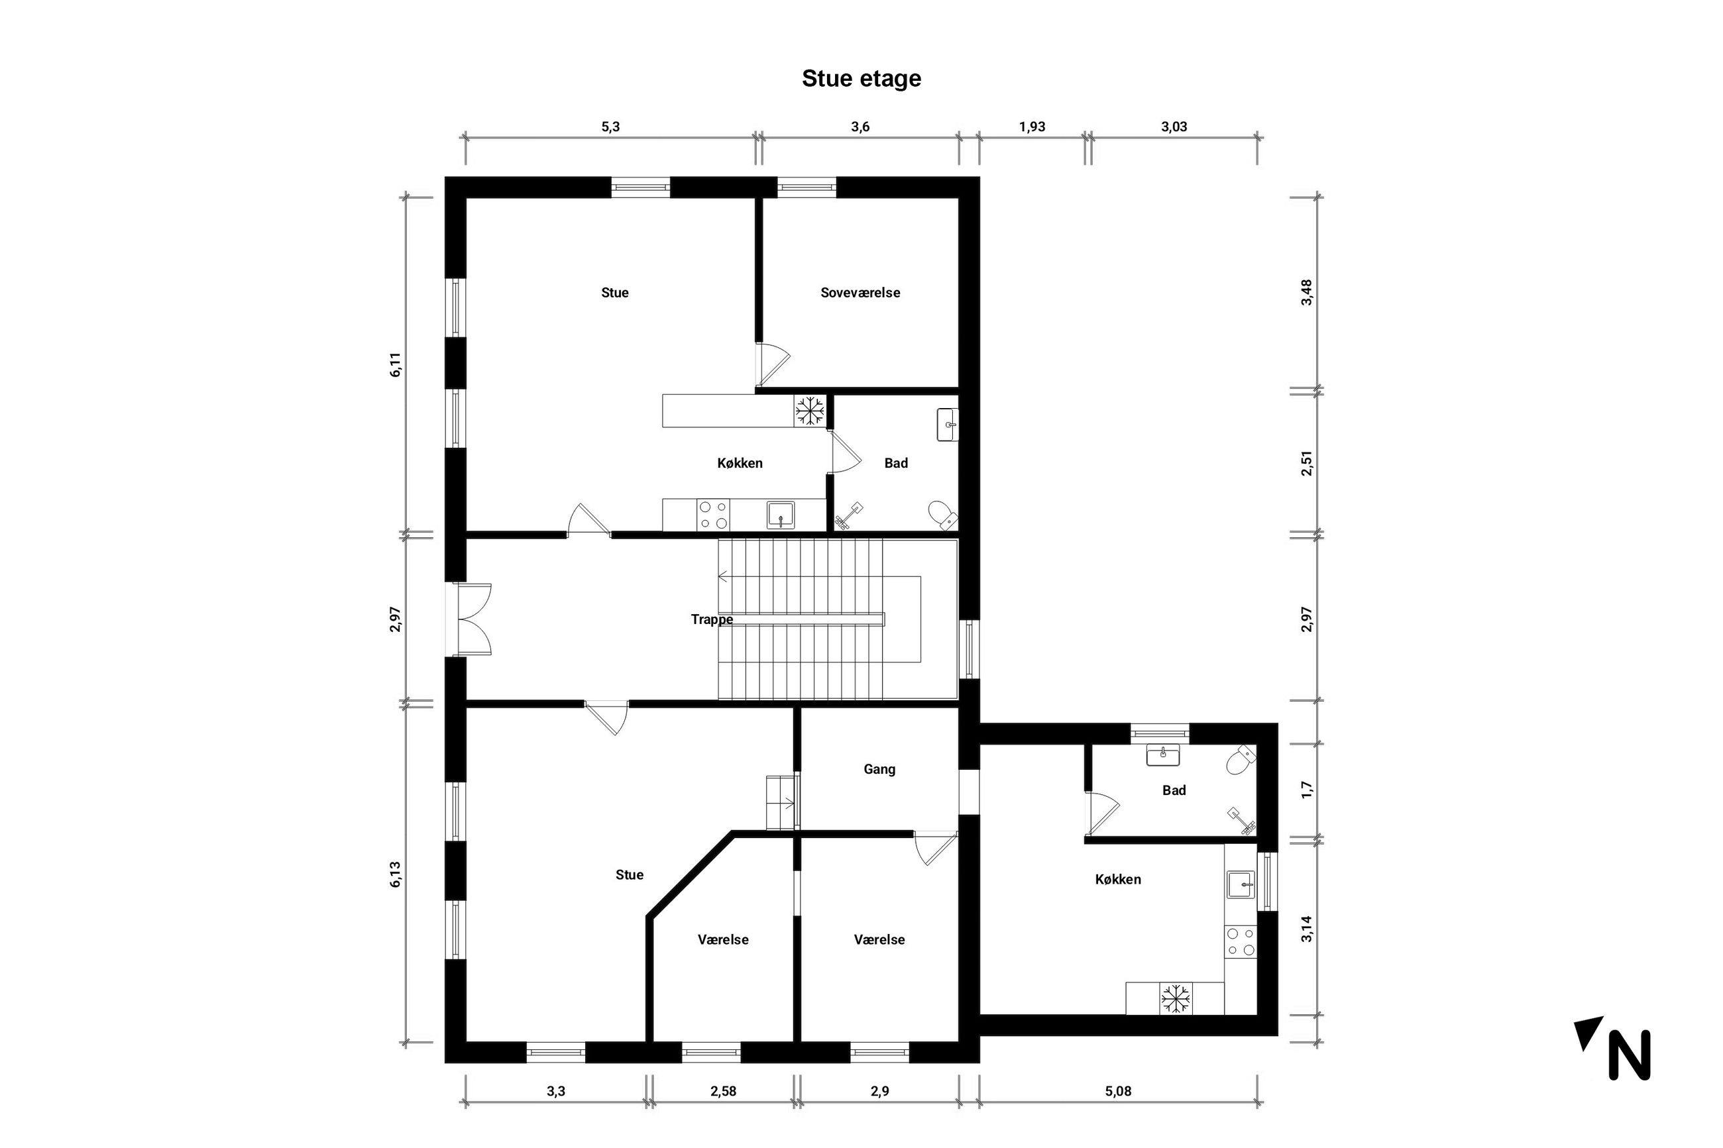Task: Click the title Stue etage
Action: click(x=861, y=79)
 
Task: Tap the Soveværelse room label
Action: click(x=860, y=293)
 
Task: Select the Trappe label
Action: click(x=712, y=620)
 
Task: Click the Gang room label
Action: click(x=879, y=770)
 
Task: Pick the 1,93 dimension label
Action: click(x=1032, y=127)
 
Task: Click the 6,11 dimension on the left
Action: click(x=396, y=364)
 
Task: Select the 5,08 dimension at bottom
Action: click(x=1117, y=1092)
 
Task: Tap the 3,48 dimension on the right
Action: click(x=1306, y=293)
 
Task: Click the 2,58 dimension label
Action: click(x=723, y=1092)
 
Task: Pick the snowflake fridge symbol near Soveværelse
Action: click(x=810, y=411)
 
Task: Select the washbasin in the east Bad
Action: click(x=1163, y=754)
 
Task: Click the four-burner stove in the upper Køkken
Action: click(x=713, y=515)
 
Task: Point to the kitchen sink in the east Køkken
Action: click(x=1241, y=884)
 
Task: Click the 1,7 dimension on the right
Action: click(x=1306, y=790)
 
